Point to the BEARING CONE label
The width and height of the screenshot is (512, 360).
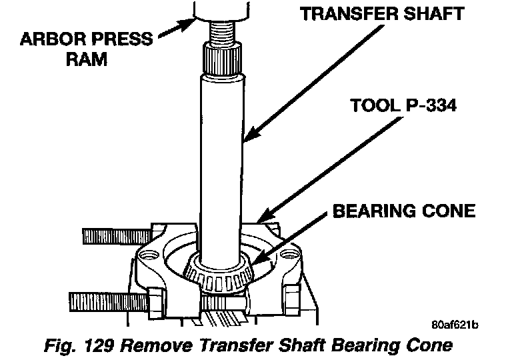pos(404,211)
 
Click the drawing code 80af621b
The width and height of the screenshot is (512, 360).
pos(455,325)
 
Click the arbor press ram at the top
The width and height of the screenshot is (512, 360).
pos(224,8)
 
